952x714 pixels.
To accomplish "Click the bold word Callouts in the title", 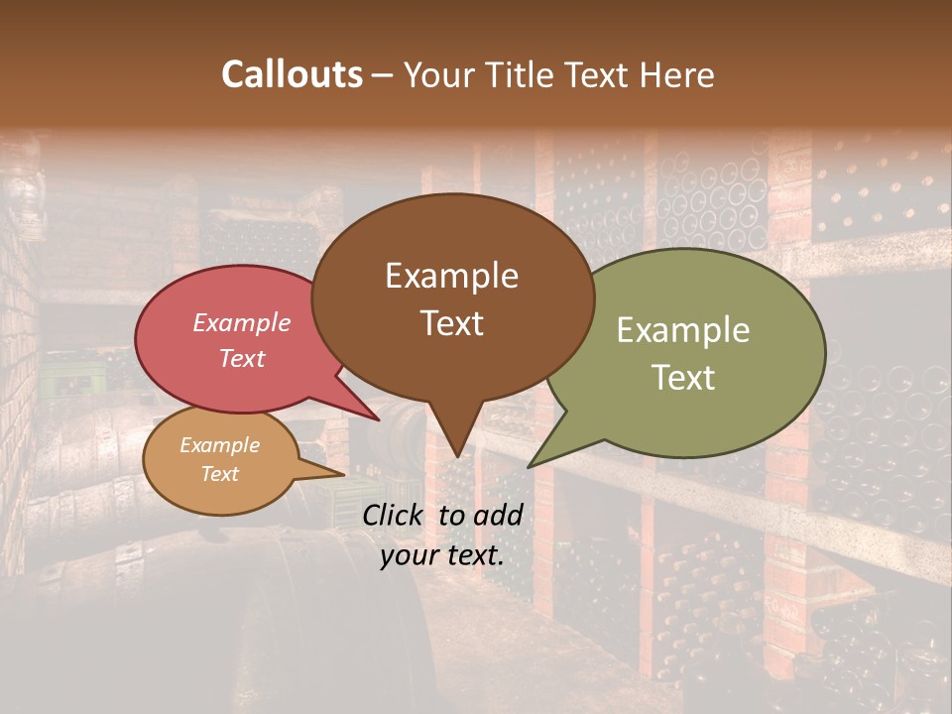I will click(x=292, y=74).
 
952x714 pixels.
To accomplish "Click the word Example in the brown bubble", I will click(x=451, y=276).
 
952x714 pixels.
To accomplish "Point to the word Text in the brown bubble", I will click(x=452, y=323).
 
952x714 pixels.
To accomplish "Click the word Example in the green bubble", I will click(x=683, y=330).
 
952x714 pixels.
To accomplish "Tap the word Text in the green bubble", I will click(x=684, y=377).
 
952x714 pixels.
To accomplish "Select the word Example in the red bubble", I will click(x=242, y=322).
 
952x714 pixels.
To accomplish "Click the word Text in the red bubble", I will click(x=242, y=358).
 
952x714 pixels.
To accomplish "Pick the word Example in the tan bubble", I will click(x=220, y=445).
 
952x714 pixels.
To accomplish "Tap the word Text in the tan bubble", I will click(x=220, y=474).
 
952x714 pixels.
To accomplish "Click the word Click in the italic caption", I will click(x=397, y=515).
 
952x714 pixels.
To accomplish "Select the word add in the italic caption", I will click(x=498, y=515).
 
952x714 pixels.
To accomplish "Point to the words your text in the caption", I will click(x=441, y=555).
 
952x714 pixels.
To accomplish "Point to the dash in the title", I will click(x=384, y=74).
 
